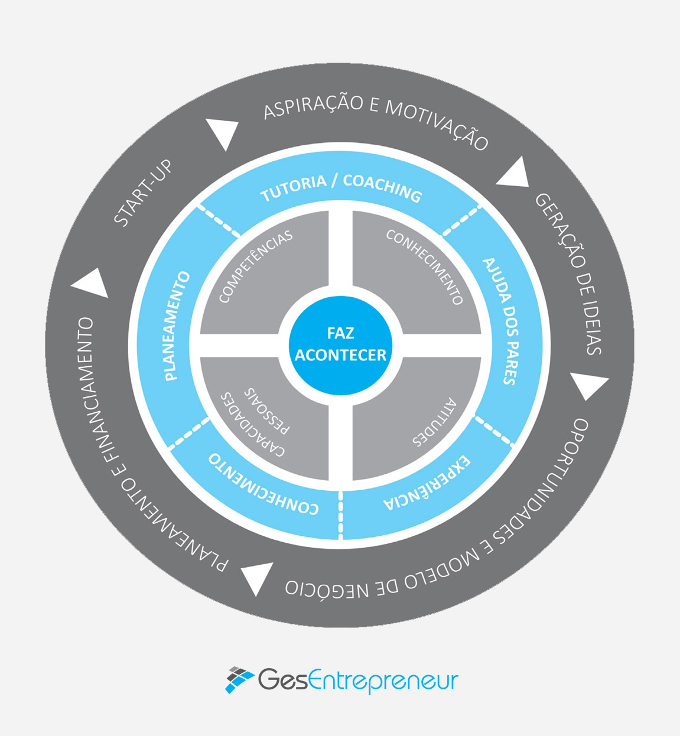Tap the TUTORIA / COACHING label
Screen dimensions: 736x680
pyautogui.click(x=341, y=187)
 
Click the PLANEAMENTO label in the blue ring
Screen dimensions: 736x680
pyautogui.click(x=177, y=325)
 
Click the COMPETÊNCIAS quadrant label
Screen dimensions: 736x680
pyautogui.click(x=256, y=266)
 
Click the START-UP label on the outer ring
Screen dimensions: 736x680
pyautogui.click(x=144, y=193)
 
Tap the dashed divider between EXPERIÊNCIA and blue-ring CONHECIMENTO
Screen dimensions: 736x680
pyautogui.click(x=341, y=514)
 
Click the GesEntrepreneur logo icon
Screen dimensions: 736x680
pyautogui.click(x=239, y=680)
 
